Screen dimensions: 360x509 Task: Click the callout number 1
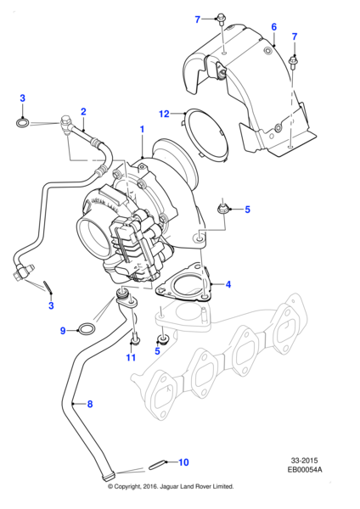tap(142, 129)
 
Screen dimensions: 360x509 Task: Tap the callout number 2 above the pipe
tap(83, 112)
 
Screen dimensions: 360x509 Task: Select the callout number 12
tap(165, 114)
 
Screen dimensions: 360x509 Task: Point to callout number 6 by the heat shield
tap(274, 27)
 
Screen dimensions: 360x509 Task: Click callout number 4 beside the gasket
tap(228, 285)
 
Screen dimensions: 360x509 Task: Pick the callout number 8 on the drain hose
tap(90, 404)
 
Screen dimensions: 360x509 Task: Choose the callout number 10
tap(183, 462)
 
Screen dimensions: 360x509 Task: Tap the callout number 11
tap(131, 357)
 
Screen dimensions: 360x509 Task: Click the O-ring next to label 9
tap(87, 329)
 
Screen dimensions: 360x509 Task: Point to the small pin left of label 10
tap(157, 466)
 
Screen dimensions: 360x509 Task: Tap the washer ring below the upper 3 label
tap(22, 123)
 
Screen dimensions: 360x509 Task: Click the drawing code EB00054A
tap(305, 469)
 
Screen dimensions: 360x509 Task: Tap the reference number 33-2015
tap(304, 461)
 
